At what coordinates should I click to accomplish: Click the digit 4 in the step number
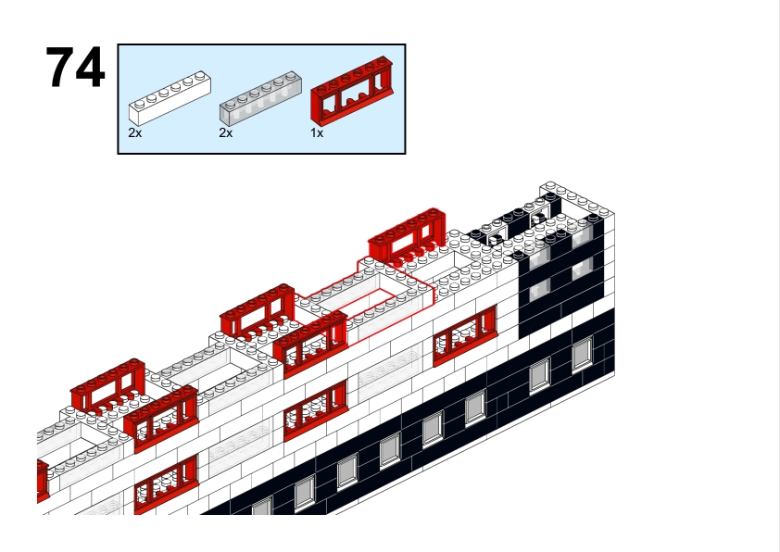[x=90, y=67]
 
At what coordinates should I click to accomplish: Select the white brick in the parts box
[x=170, y=98]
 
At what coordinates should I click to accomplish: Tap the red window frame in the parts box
[x=352, y=90]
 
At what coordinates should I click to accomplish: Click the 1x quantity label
[x=317, y=133]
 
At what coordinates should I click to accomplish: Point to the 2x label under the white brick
[x=135, y=133]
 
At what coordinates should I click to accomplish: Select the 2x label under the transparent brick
[x=226, y=133]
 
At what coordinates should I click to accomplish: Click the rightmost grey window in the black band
[x=582, y=354]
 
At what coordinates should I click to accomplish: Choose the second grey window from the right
[x=540, y=375]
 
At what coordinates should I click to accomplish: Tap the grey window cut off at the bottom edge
[x=262, y=508]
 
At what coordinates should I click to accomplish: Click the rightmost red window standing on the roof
[x=407, y=234]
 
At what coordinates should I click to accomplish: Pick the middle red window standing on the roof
[x=258, y=310]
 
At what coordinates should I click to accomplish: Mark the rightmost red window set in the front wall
[x=465, y=335]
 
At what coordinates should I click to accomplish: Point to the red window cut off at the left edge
[x=44, y=480]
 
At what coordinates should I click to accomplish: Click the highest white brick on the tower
[x=577, y=197]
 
